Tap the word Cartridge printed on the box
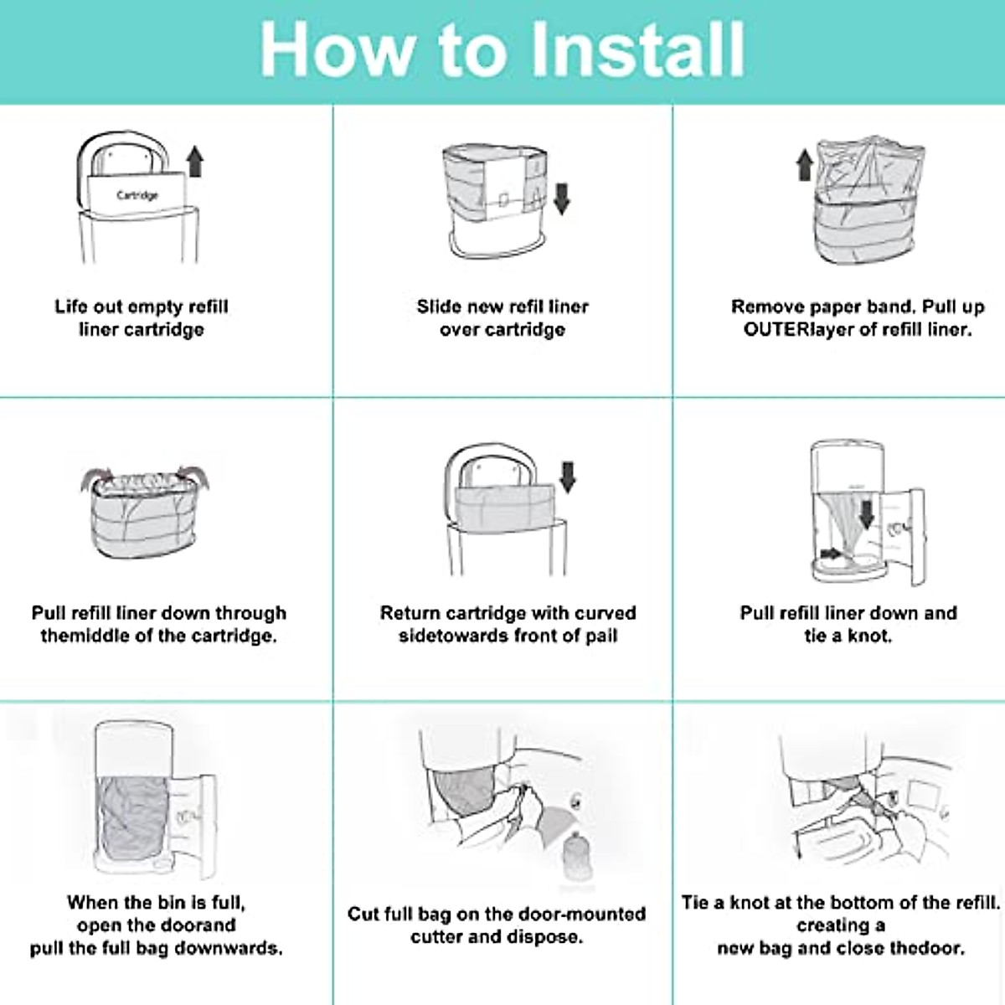point(137,196)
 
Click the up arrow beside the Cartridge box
point(195,162)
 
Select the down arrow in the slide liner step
point(562,198)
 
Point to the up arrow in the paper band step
point(805,165)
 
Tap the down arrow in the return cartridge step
point(568,477)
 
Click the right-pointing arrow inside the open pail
point(831,554)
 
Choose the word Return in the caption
point(409,613)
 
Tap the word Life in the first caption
point(71,307)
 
